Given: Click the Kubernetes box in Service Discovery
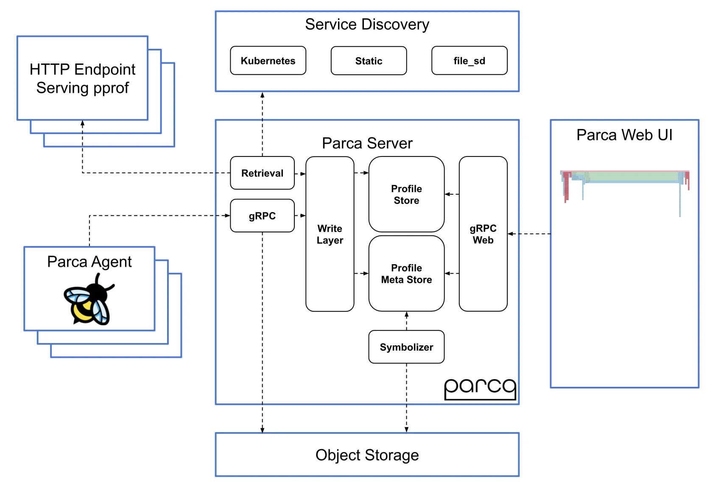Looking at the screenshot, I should [268, 61].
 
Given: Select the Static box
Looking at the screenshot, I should [369, 61].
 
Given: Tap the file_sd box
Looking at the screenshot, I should [469, 61].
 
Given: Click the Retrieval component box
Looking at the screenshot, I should [262, 173].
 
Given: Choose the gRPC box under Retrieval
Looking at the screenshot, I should [262, 216].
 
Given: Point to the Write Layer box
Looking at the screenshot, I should [330, 234].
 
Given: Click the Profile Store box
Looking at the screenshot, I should [406, 194].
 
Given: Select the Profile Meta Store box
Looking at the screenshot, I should [406, 274].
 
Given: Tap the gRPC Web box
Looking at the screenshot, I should [483, 234].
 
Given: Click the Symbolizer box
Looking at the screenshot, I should [406, 347].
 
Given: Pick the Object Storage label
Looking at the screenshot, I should [367, 455].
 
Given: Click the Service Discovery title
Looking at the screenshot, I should [367, 25].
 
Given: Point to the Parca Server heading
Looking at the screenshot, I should [367, 143].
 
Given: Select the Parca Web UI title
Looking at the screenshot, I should [624, 135].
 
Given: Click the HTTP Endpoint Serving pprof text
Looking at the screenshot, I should [82, 78].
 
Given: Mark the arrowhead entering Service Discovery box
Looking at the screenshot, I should [263, 95].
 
